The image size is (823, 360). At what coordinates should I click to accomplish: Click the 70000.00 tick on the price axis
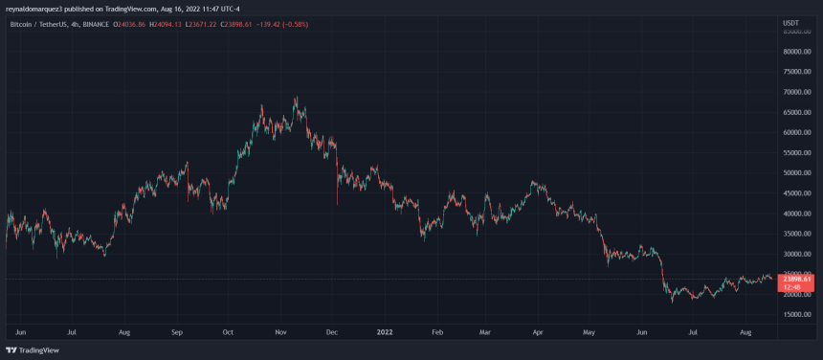[x=796, y=92]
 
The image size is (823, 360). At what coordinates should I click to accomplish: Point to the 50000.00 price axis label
[x=796, y=173]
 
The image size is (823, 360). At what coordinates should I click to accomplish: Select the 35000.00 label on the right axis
[x=796, y=234]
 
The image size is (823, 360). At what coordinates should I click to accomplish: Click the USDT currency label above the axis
[x=790, y=22]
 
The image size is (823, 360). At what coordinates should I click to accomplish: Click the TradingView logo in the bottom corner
[x=33, y=349]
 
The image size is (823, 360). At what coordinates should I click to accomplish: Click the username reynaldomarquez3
[x=41, y=7]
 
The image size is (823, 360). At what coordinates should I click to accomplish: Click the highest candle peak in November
[x=295, y=97]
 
